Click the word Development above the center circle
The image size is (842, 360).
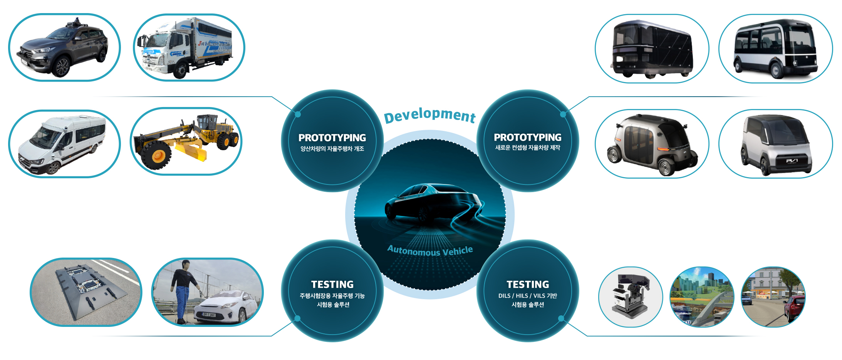click(430, 115)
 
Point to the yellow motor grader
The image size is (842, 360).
click(186, 142)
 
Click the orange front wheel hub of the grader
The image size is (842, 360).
click(158, 156)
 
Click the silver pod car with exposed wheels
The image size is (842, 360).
click(652, 144)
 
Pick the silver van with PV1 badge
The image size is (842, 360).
click(776, 145)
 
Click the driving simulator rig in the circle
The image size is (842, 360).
click(631, 296)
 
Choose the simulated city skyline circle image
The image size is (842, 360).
click(702, 297)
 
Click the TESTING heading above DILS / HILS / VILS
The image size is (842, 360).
click(528, 285)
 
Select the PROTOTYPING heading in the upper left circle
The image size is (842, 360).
click(332, 138)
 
